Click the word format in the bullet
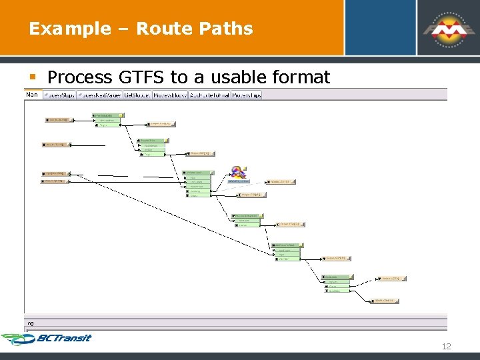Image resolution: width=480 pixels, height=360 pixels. point(301,77)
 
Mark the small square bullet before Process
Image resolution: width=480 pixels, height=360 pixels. point(32,78)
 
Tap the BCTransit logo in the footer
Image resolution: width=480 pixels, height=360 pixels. point(47,339)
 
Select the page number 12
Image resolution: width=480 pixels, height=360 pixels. point(447,346)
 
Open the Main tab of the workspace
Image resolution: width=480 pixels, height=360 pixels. point(32,95)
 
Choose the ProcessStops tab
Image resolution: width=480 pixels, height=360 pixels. point(60,95)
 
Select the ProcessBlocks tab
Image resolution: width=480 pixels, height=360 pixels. point(170,95)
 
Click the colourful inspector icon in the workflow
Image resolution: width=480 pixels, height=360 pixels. point(238,173)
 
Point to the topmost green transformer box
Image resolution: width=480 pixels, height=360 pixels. point(107,120)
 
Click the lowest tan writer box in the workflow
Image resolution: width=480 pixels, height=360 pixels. point(386,301)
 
